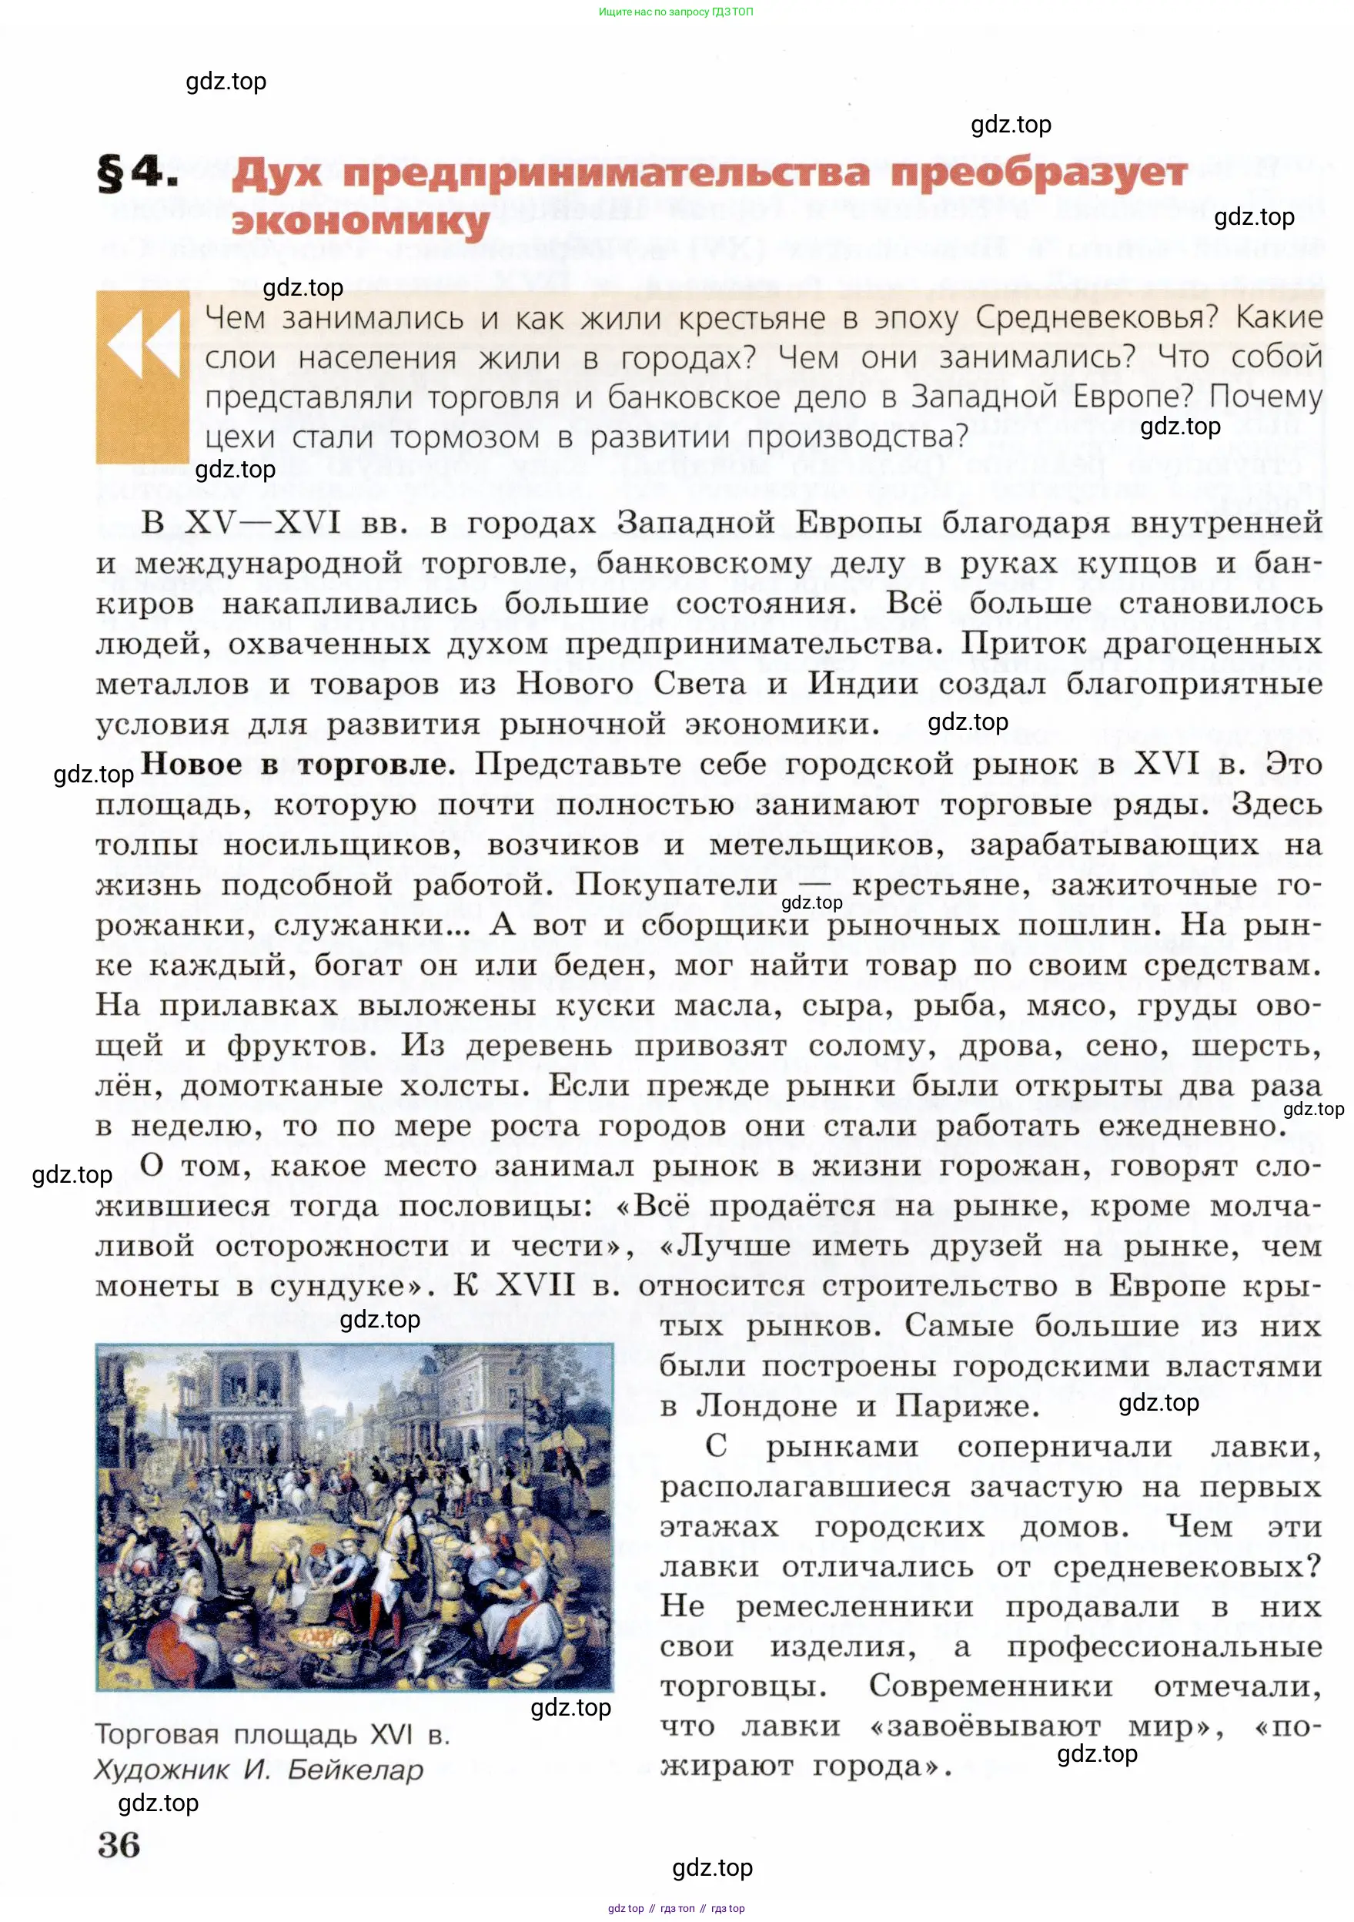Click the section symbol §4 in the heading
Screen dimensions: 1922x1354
[x=137, y=174]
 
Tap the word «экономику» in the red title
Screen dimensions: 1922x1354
[x=359, y=223]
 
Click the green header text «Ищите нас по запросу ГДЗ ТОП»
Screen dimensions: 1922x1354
[x=676, y=12]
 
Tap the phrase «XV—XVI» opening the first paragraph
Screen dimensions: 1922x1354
[x=262, y=522]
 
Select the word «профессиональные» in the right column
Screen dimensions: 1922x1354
[x=1164, y=1646]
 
